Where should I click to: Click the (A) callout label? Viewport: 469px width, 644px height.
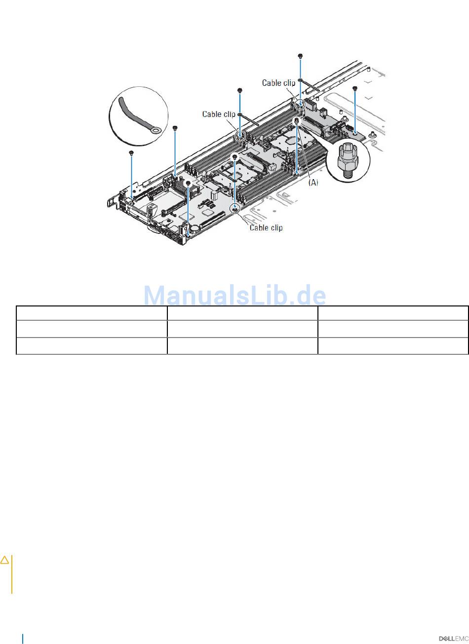(x=313, y=182)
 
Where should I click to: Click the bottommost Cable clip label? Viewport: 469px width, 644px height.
(x=266, y=227)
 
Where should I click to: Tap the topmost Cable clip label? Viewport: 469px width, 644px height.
(x=278, y=83)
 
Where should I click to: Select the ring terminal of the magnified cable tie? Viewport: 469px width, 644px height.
(x=156, y=131)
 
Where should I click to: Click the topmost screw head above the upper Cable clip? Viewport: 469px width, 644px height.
(x=300, y=55)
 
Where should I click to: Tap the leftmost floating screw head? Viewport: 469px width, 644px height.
(x=131, y=152)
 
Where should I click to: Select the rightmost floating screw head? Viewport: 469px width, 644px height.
(x=354, y=88)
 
